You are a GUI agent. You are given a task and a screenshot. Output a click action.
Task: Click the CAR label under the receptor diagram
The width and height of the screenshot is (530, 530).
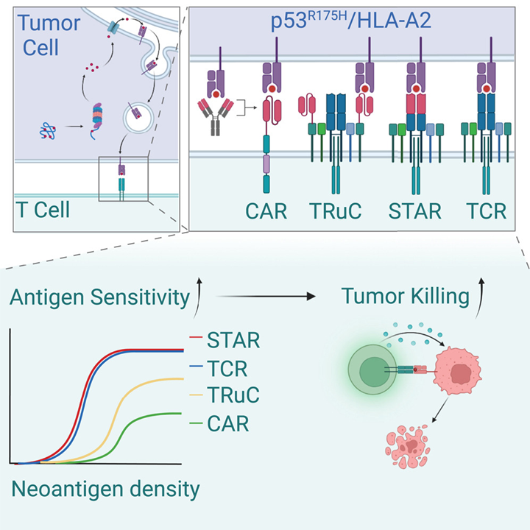(x=266, y=211)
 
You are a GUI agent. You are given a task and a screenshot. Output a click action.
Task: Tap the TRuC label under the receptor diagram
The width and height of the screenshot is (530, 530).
(x=336, y=211)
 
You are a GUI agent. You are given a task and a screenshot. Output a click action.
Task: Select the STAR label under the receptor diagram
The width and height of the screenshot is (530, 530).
(x=414, y=211)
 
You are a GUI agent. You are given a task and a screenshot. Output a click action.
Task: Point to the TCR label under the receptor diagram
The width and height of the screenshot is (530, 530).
(x=486, y=211)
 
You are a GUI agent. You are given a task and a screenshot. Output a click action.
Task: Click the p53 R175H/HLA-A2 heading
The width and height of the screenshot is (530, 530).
(x=351, y=21)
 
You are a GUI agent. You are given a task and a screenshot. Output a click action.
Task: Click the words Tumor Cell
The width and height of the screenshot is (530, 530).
(x=49, y=35)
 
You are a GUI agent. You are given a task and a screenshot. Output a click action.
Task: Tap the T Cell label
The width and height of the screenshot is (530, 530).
(x=43, y=210)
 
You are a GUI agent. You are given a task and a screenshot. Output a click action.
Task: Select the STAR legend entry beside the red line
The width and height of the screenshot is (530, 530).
(x=233, y=340)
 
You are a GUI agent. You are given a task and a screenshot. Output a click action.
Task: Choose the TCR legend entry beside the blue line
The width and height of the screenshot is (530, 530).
(x=227, y=368)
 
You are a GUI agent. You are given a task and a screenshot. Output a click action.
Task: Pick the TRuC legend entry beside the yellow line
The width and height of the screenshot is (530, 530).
(x=233, y=395)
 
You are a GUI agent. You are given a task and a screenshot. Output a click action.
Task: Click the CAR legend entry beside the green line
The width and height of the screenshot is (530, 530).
(x=227, y=423)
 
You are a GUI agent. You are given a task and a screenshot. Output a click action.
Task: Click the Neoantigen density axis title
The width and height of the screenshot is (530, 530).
(x=105, y=490)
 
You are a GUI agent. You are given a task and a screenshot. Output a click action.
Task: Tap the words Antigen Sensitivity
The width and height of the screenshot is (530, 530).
(x=99, y=298)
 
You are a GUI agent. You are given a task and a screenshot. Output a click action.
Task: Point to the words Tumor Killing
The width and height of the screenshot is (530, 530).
(x=406, y=297)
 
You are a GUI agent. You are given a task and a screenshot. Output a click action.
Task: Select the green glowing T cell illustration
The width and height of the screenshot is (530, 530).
(x=372, y=370)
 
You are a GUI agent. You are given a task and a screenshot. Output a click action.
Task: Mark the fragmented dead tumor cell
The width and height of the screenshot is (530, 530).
(x=407, y=447)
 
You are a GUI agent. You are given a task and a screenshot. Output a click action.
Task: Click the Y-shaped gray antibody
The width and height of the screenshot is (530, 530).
(x=215, y=116)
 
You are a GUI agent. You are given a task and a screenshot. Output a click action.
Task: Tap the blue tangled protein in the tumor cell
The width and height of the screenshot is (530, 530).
(x=48, y=131)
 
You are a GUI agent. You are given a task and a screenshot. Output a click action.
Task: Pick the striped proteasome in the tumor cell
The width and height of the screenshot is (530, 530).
(x=97, y=119)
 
